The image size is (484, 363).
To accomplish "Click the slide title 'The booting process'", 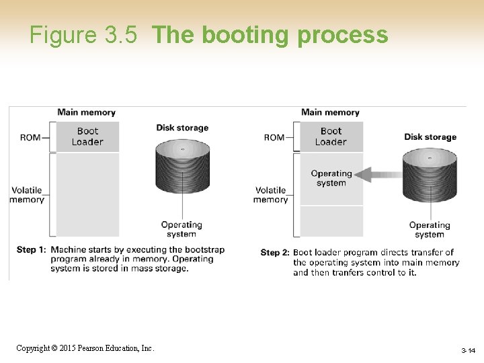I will coord(270,35).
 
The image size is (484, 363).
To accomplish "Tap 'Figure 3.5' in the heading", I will coord(84,35).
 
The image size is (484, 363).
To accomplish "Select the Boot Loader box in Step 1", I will coord(87,136).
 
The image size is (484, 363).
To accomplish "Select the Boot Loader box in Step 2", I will coord(331,136).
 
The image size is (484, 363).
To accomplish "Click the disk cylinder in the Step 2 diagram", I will coord(430,175).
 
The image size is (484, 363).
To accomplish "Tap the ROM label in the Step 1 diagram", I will coord(30,138).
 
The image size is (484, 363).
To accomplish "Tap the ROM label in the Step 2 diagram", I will coord(274,138).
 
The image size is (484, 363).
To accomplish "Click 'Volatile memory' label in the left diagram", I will coord(27,194).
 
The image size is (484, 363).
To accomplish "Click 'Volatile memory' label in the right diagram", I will coord(270,194).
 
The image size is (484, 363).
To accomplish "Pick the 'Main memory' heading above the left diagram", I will coord(86,112).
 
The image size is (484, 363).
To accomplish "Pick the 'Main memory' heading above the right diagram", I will coord(330,112).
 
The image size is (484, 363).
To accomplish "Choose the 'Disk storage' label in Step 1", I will coord(182,128).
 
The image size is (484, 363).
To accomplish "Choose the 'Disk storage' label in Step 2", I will coord(430,137).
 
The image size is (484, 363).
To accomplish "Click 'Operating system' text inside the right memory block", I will coord(331,178).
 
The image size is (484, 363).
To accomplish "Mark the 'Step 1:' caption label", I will coord(31,250).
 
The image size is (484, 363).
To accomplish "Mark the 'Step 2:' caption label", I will coord(274,253).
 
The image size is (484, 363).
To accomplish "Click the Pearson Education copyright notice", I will coord(85,348).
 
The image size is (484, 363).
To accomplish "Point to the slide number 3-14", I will coord(468,351).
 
